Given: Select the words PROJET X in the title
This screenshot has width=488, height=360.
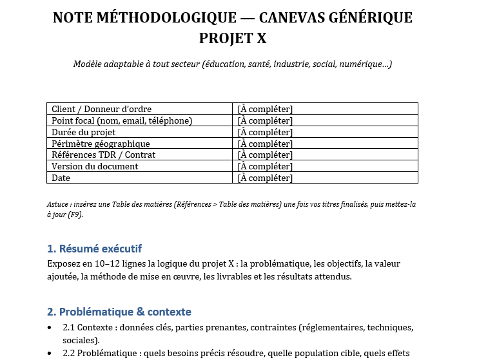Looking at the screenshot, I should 233,39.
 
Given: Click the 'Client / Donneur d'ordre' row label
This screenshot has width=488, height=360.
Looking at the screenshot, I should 101,109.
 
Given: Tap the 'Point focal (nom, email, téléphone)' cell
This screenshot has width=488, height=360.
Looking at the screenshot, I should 122,120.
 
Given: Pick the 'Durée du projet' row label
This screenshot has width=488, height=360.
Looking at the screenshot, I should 83,132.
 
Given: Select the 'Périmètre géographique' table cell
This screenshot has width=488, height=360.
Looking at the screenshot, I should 101,144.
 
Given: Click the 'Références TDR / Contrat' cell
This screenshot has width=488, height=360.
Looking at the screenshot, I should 103,155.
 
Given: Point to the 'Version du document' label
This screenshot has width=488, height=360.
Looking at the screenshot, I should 95,166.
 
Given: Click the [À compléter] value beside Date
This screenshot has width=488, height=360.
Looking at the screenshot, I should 265,178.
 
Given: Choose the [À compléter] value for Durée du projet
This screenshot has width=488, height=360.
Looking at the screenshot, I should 265,132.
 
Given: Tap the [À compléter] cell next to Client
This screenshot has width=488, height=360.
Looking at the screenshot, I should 265,109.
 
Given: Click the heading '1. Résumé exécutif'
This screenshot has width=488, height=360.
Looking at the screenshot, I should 94,249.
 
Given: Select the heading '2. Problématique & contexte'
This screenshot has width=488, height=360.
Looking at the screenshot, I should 119,312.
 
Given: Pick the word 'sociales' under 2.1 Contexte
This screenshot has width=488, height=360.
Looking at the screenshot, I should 79,340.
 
